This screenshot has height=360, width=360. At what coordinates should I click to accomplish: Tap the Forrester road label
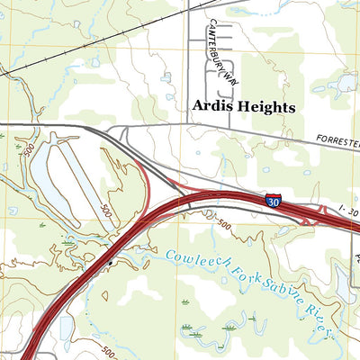click(x=337, y=140)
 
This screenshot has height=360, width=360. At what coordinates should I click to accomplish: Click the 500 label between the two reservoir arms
click(x=105, y=211)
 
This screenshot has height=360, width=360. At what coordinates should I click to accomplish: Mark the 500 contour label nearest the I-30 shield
click(x=223, y=225)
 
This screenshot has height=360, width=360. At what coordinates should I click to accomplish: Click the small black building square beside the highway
click(x=110, y=262)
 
